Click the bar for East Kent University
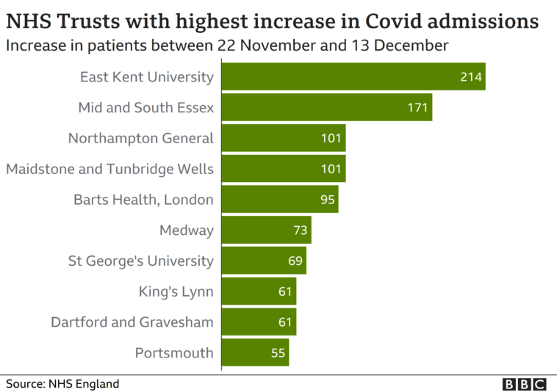coord(353,77)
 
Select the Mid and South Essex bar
coord(326,108)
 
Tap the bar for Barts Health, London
coord(279,200)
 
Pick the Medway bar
coord(266,231)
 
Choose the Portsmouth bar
coord(255,352)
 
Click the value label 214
coord(471,77)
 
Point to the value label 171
coord(418,108)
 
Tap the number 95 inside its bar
coord(328,200)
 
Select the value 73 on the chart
coord(301,231)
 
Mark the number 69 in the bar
coord(295,261)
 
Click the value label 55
coord(278,352)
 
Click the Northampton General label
coord(140,138)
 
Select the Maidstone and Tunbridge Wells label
coord(110,169)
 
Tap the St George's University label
coord(140,261)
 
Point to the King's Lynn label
coord(176,291)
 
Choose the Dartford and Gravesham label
coord(132,322)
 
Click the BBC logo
coord(525,384)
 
